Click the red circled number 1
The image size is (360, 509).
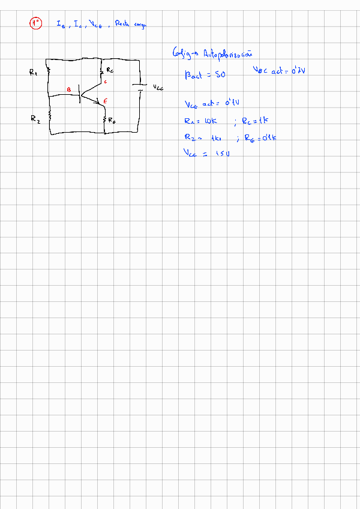pos(36,23)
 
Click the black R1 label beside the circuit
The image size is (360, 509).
pos(33,72)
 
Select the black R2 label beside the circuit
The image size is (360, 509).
pos(35,119)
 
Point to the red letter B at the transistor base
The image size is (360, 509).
pos(68,90)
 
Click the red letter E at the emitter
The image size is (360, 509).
pos(105,101)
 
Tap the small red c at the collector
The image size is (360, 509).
pos(105,82)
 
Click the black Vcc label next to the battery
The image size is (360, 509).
pos(157,86)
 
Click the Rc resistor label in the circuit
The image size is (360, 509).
pos(110,70)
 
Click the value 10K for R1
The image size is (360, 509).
pos(210,121)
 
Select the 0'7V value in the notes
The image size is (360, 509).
pos(297,71)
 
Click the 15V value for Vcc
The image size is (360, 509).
pos(223,154)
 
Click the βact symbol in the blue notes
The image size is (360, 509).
pos(195,76)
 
